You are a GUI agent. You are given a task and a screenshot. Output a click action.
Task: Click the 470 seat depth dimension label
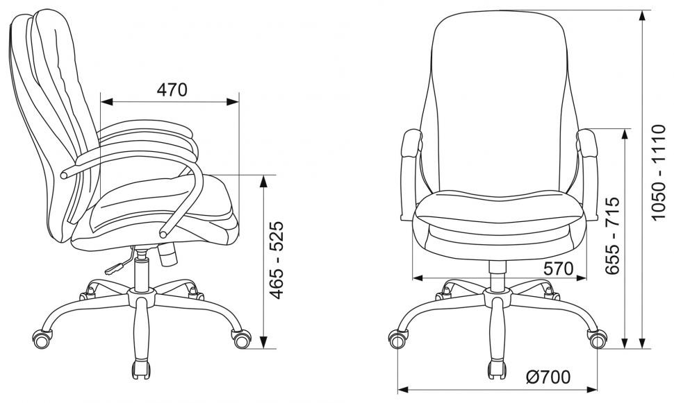point(172,89)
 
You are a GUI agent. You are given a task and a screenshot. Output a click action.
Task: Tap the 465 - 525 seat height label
point(277,260)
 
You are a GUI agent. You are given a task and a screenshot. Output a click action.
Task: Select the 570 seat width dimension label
point(559,268)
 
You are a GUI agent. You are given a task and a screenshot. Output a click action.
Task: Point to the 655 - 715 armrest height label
point(612,235)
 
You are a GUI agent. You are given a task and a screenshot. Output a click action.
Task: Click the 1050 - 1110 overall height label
point(658,173)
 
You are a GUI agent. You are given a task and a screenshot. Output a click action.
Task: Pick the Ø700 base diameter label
point(548,377)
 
